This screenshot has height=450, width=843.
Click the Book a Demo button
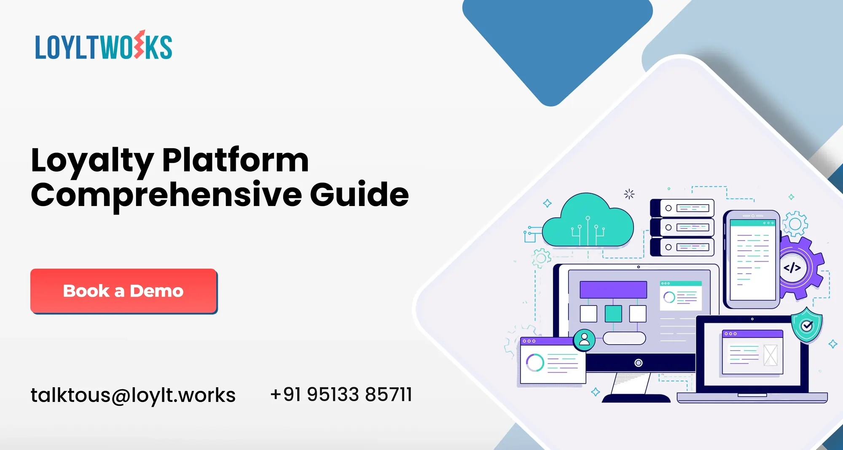[123, 291]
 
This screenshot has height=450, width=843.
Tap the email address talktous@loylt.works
[133, 395]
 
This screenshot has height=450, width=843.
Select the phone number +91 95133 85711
[341, 395]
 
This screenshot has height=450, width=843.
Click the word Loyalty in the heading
[92, 161]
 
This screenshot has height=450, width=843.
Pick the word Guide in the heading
[359, 195]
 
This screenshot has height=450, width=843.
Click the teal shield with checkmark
[806, 325]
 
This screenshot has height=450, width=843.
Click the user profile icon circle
[584, 340]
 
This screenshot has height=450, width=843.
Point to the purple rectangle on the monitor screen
[613, 289]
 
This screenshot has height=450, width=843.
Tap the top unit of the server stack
[682, 208]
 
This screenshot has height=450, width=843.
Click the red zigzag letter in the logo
[140, 44]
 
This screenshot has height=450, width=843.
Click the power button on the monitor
[639, 363]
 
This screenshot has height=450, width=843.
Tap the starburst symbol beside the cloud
[629, 194]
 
